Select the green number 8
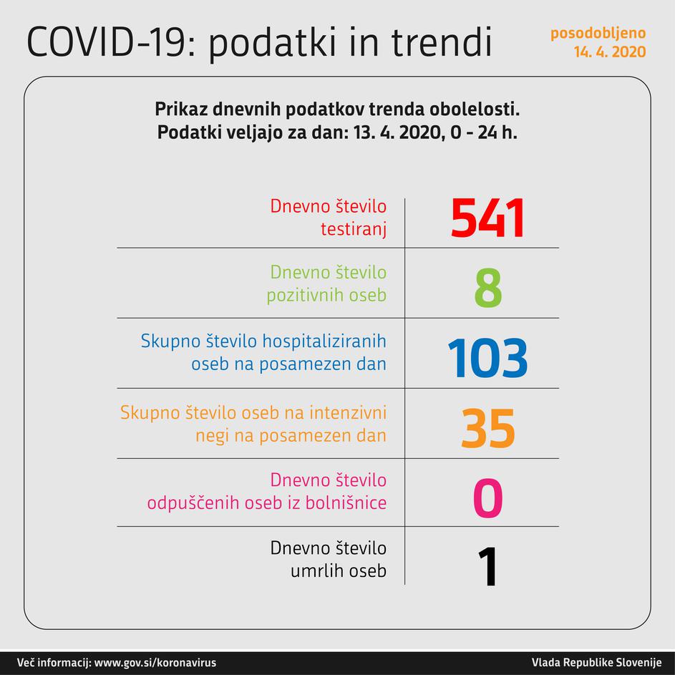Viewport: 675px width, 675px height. (487, 288)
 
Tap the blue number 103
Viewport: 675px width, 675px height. (488, 358)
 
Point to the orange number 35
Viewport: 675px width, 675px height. (488, 428)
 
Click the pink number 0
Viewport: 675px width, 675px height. (488, 498)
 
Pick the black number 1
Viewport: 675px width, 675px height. (487, 567)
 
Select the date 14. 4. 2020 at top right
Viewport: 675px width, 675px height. (609, 52)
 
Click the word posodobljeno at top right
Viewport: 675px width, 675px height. (598, 33)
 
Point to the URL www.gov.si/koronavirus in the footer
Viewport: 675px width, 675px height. (155, 662)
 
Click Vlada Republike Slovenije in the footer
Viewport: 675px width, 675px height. (597, 662)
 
